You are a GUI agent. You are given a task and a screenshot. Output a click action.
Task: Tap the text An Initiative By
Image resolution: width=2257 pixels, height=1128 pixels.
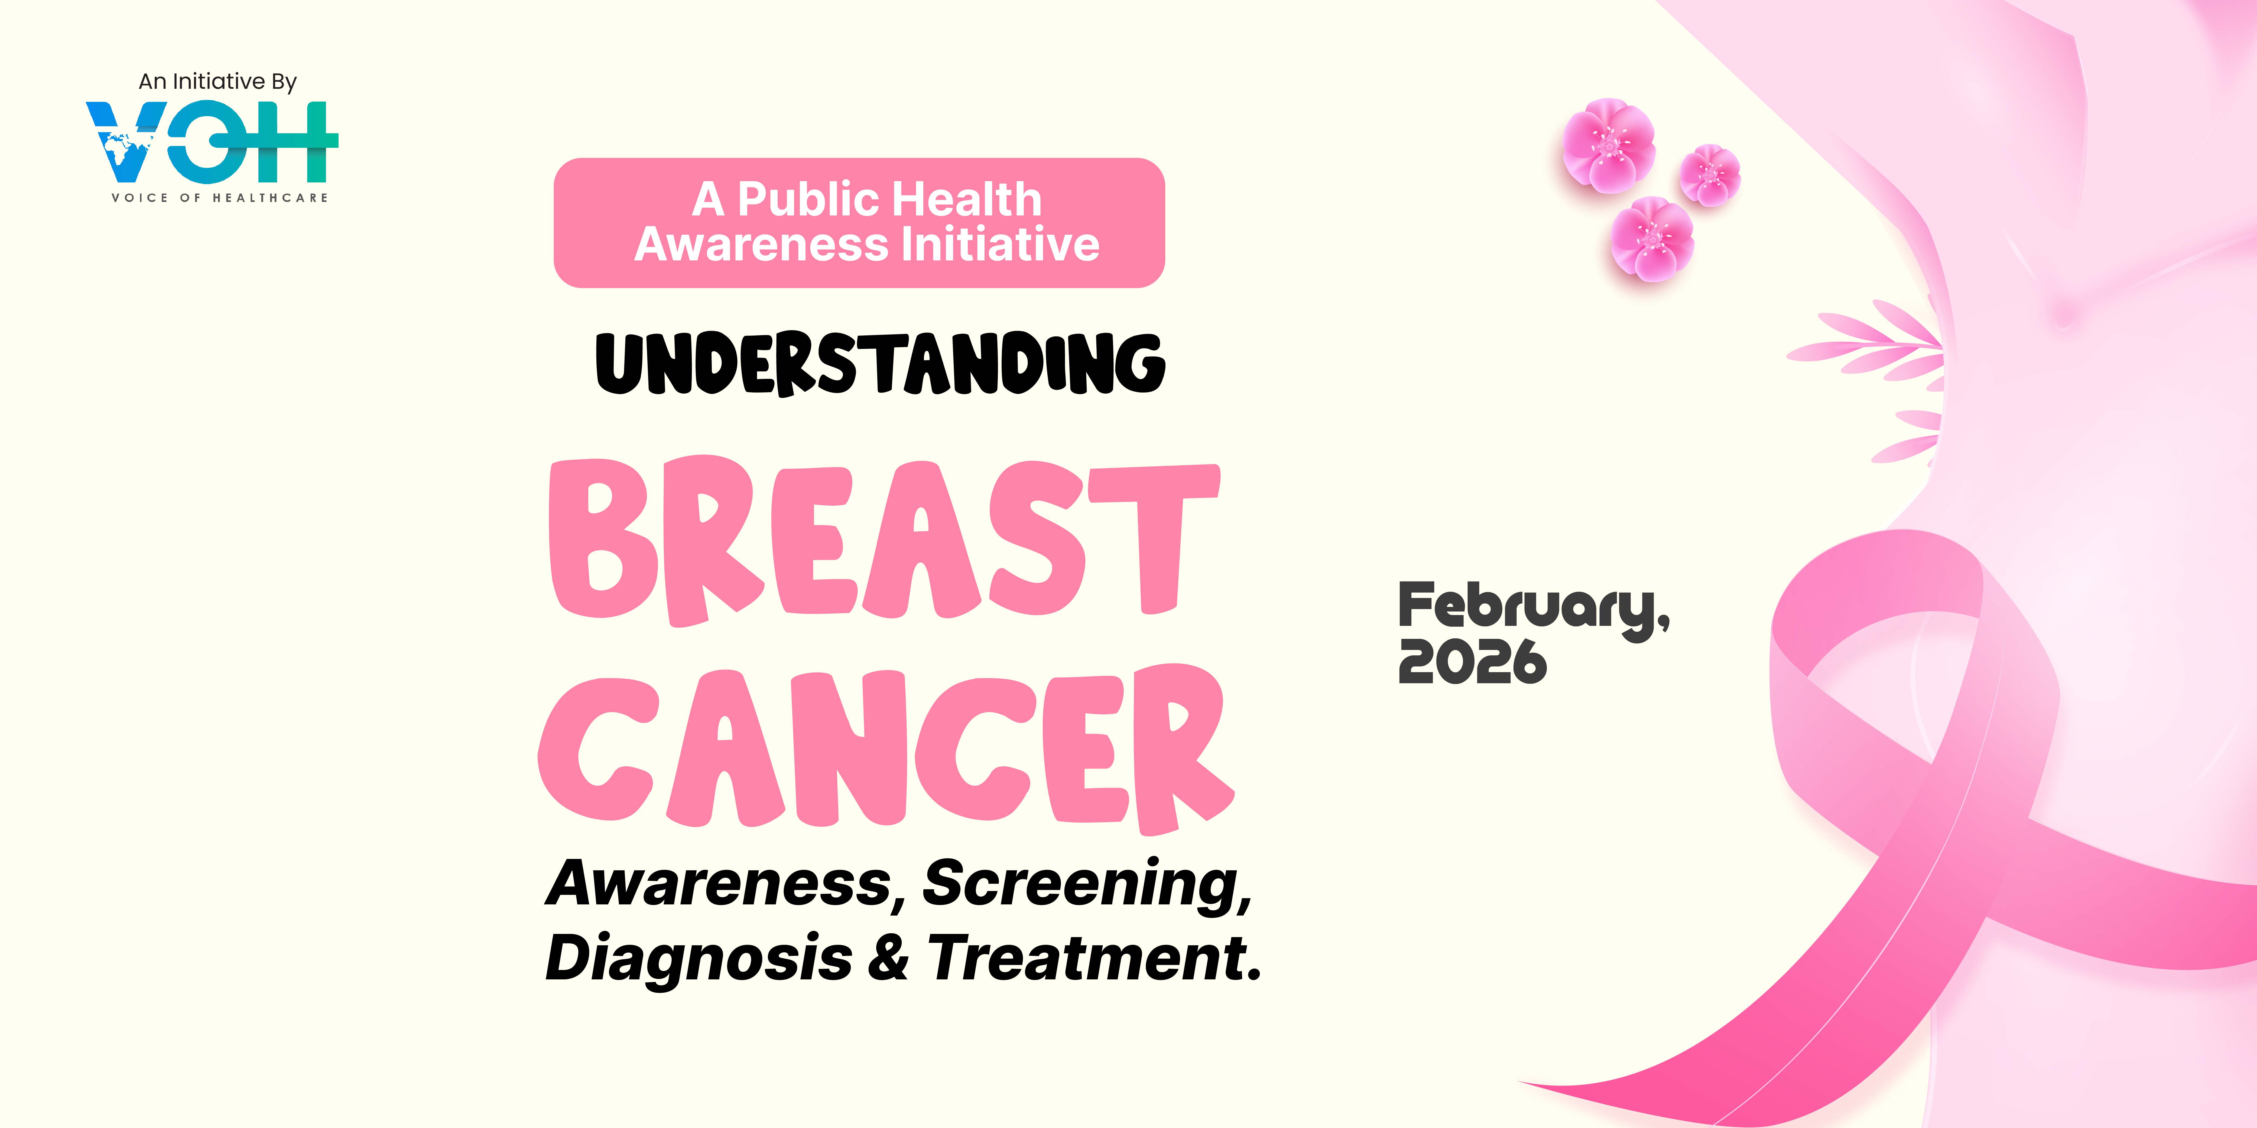click(x=217, y=81)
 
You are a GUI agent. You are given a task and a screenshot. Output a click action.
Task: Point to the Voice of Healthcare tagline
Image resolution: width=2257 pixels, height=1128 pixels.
click(x=219, y=198)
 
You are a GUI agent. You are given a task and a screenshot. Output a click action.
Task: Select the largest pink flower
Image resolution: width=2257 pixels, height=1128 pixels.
click(x=1609, y=145)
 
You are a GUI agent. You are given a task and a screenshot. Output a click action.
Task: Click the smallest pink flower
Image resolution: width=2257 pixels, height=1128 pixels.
click(x=1709, y=175)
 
